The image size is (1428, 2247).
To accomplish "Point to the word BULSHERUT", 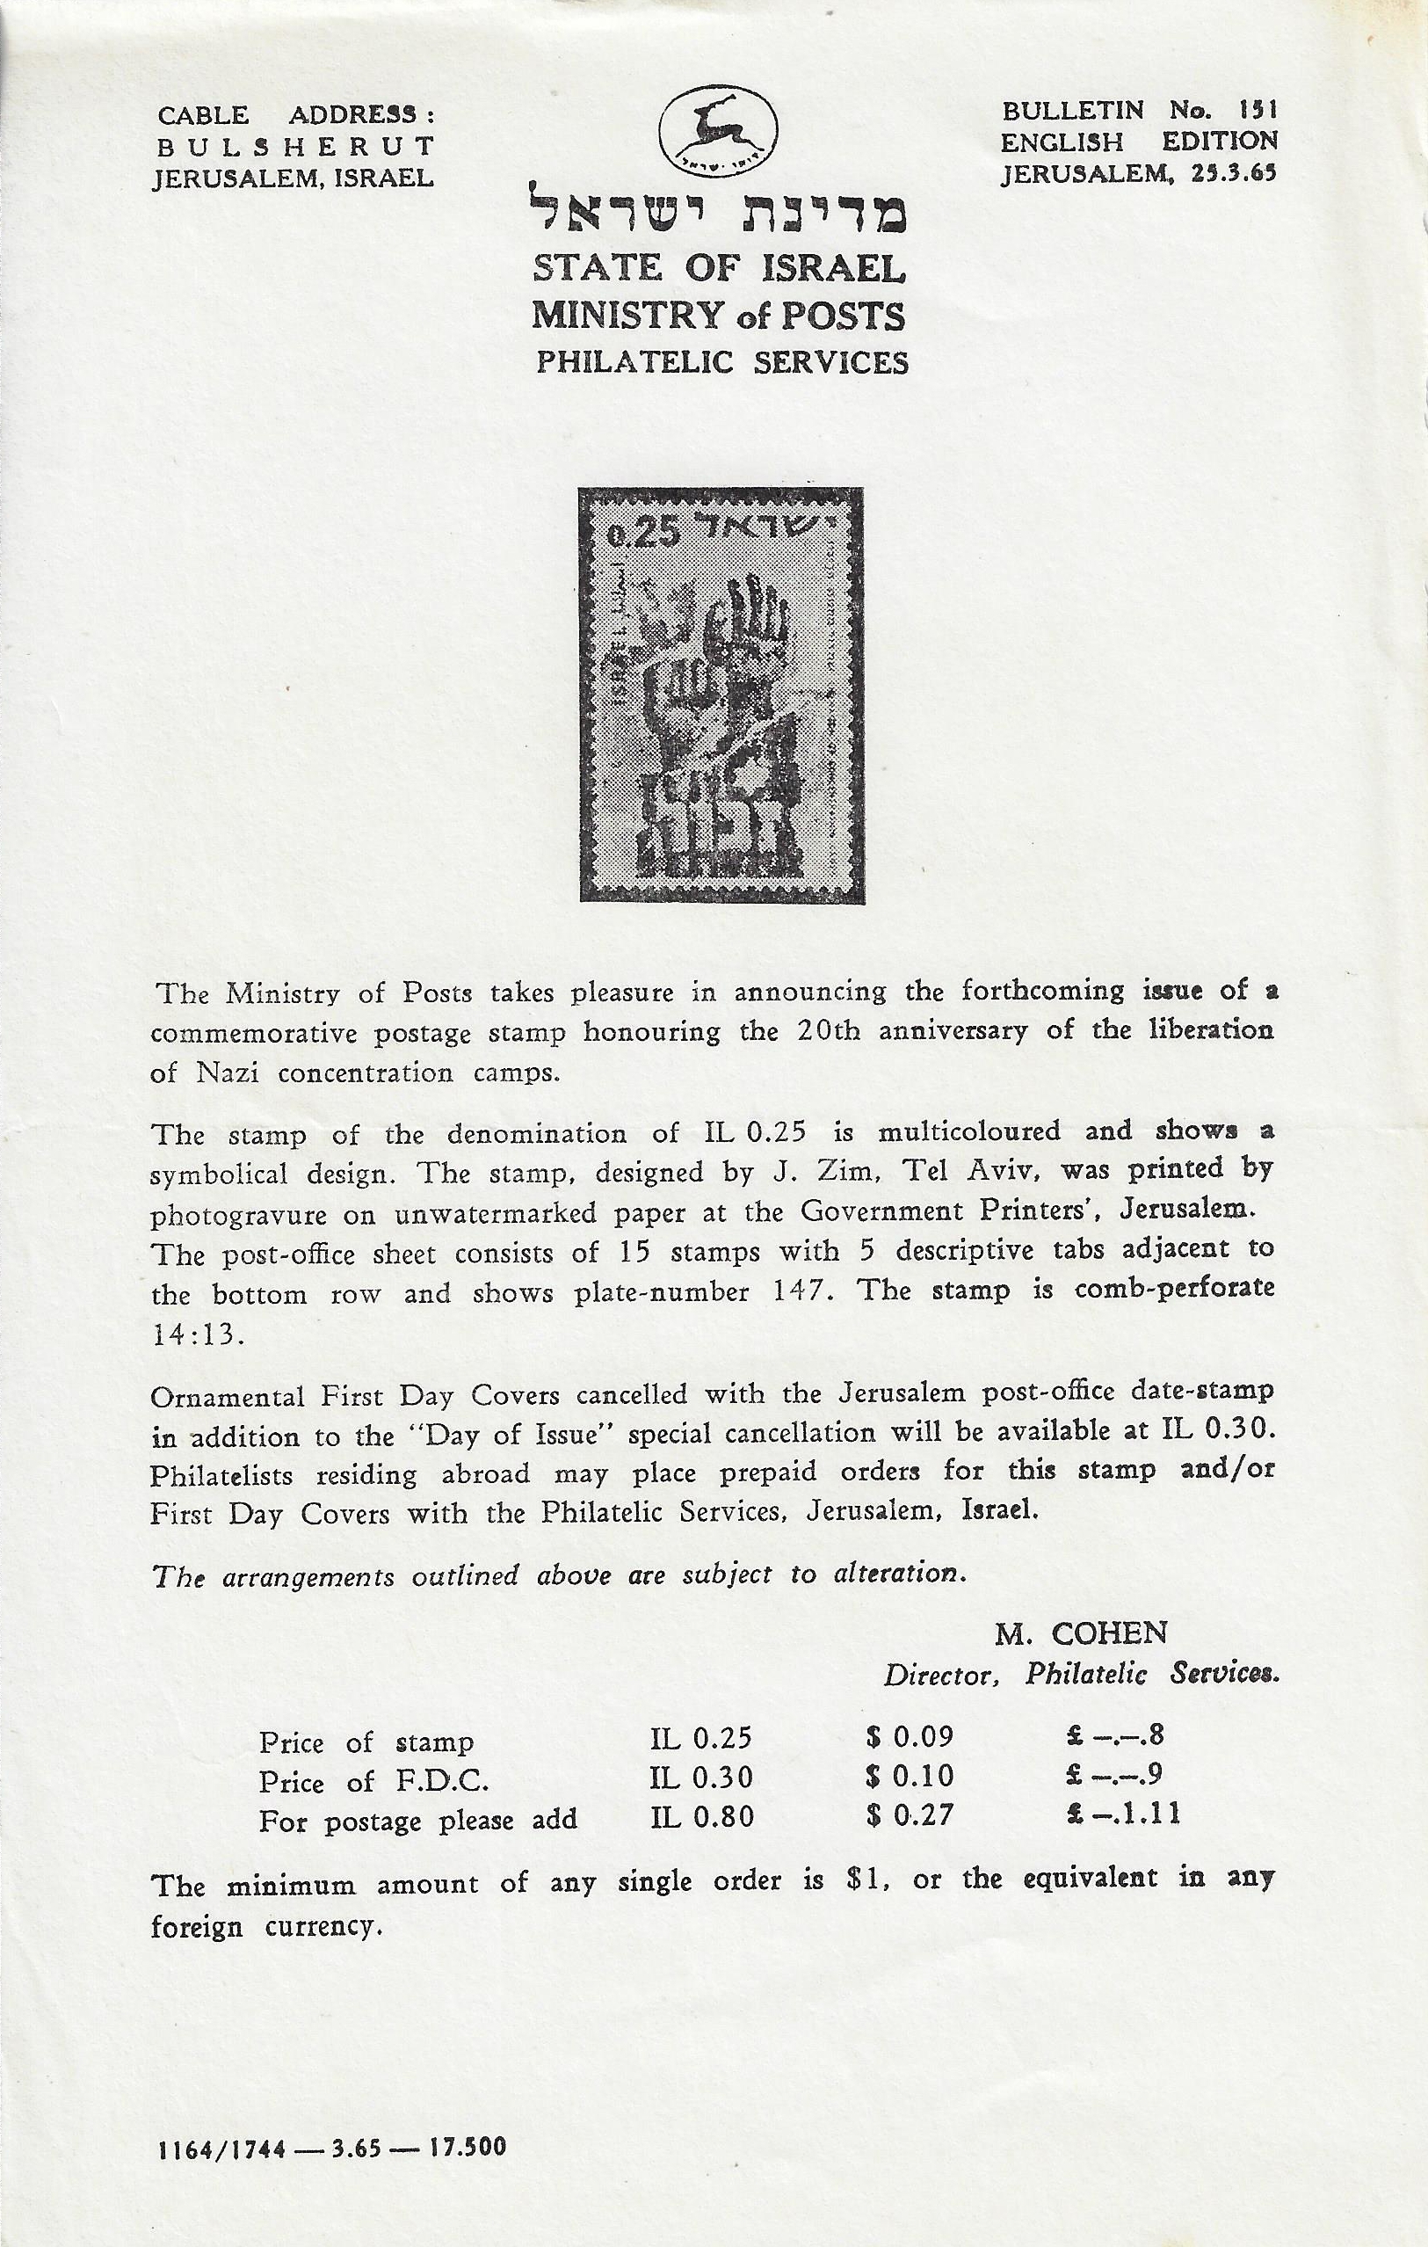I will coord(294,147).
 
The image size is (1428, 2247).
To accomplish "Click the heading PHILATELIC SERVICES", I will coord(721,362).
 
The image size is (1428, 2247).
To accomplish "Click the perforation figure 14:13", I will coord(197,1335).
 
